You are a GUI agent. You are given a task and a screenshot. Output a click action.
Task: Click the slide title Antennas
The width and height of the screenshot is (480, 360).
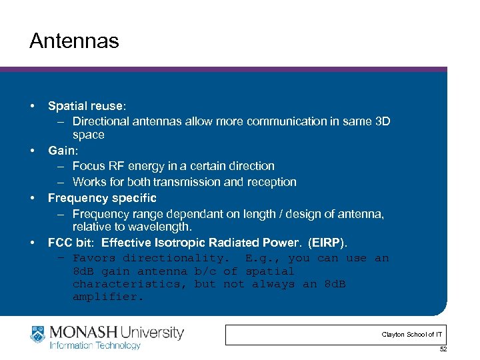(74, 41)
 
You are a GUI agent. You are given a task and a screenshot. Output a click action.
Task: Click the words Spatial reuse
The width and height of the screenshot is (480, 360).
(85, 106)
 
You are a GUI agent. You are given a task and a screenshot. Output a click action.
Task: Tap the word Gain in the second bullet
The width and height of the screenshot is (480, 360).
(61, 151)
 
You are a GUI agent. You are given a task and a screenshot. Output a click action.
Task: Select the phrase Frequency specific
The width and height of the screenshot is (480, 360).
(102, 198)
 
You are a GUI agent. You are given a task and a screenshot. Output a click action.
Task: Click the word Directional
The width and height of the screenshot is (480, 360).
(101, 121)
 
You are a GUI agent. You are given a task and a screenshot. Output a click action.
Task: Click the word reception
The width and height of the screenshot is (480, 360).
(271, 182)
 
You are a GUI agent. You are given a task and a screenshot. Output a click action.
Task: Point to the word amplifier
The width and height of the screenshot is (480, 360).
(108, 297)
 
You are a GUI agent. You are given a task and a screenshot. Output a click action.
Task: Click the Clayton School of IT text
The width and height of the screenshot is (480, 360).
(411, 334)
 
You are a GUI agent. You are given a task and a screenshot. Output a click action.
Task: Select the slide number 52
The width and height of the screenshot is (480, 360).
(443, 350)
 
